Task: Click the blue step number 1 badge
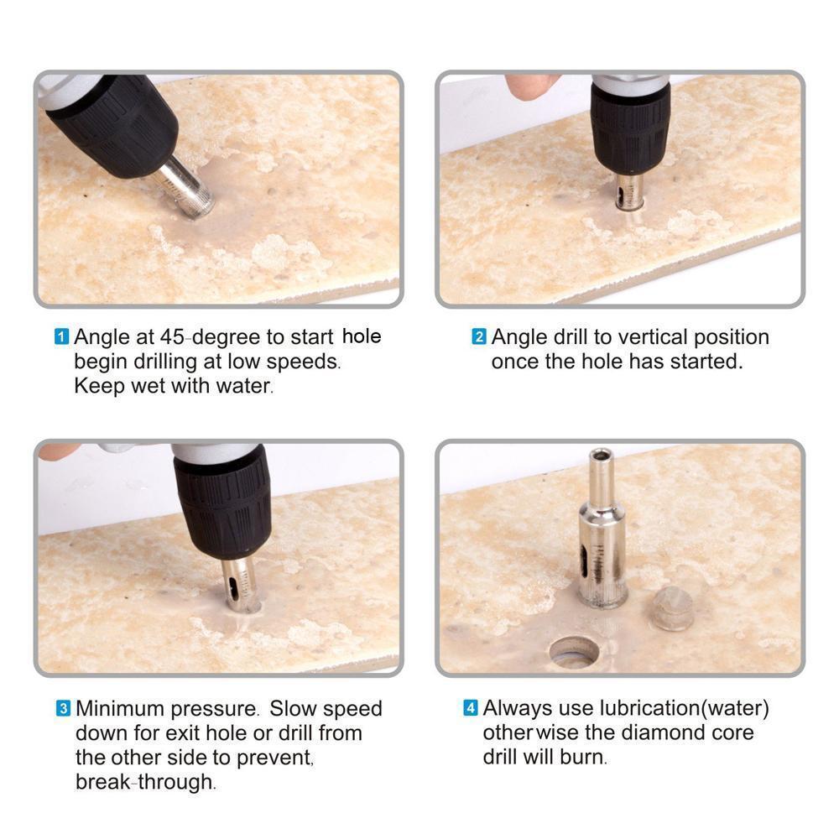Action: (62, 337)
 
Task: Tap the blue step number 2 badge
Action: (479, 336)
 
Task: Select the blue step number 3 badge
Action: (63, 708)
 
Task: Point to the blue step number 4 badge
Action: (471, 708)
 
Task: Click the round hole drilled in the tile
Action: (575, 651)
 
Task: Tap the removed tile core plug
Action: (673, 607)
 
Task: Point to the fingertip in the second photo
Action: (527, 86)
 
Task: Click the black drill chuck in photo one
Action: (115, 124)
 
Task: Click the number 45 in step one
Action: (172, 337)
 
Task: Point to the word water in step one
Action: (243, 386)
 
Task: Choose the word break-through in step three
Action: (144, 782)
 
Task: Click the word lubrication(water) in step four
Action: (685, 708)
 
